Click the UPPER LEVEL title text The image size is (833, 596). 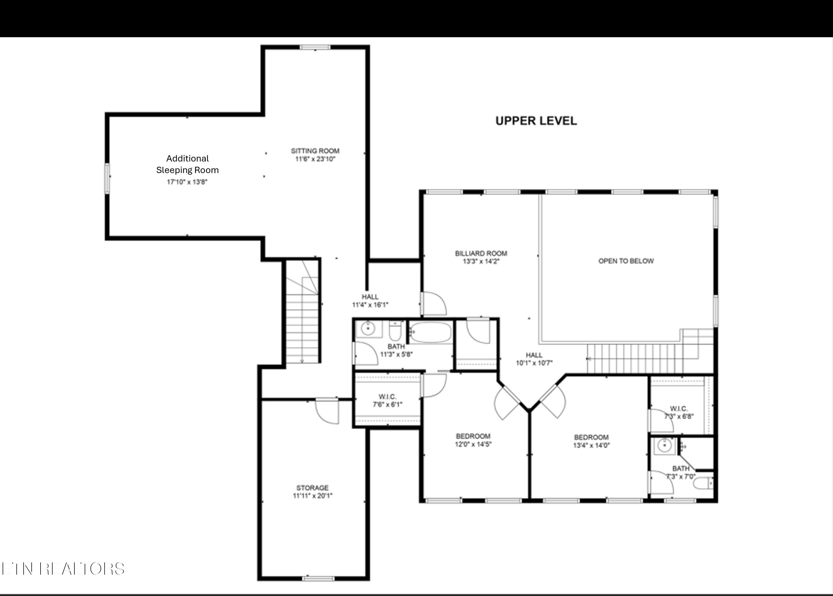(536, 121)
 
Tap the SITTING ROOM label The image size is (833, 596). (315, 151)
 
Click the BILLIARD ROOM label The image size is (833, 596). (481, 253)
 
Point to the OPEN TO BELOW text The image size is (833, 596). (626, 261)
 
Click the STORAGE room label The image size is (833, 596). (312, 488)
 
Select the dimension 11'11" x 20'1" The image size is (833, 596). (312, 496)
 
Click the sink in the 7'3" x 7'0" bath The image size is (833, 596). (665, 446)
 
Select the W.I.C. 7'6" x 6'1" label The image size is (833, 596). (387, 400)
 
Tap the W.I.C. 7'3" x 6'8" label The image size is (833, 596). (679, 413)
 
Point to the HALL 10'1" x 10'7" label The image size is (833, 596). (534, 359)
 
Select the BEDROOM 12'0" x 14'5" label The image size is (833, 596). (473, 440)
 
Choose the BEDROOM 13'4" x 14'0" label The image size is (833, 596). (591, 441)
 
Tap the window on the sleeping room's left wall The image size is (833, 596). (107, 178)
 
